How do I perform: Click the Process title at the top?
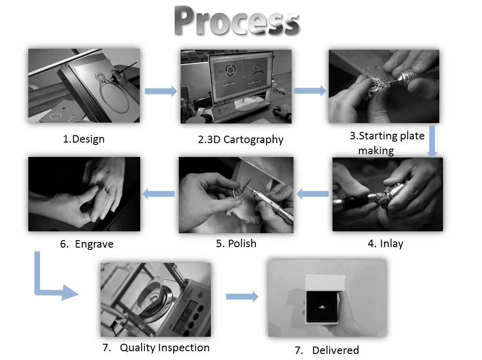coord(237,21)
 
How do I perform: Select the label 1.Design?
coord(84,139)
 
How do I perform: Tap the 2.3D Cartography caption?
coord(241,139)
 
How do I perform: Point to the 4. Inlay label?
coord(385,243)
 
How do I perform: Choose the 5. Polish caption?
coord(236,243)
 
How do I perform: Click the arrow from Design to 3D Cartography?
coord(161,91)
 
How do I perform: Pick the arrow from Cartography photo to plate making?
coord(310,91)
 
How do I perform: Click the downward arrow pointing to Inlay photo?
coord(432,141)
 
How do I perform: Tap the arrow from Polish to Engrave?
coord(158,194)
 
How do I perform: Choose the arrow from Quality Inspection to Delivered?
coord(242,296)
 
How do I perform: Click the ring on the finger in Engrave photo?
coord(104,189)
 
